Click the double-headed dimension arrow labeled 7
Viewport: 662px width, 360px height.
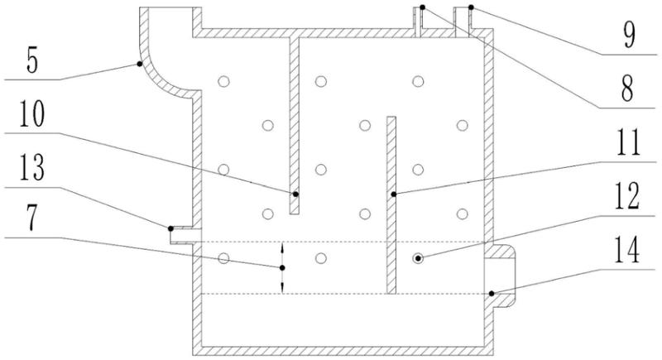tap(282, 268)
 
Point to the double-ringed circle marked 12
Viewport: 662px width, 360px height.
tap(419, 258)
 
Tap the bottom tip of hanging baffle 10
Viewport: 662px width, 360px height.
tap(294, 210)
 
